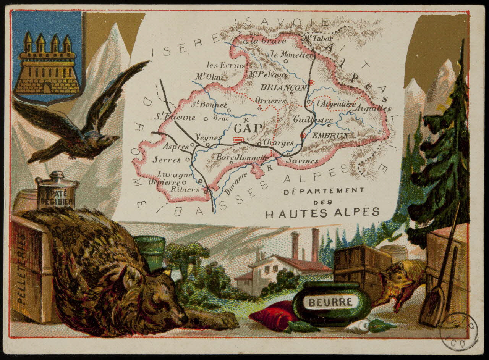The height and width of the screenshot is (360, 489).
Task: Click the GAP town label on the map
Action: (248, 128)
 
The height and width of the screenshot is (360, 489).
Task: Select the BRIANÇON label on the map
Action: (283, 88)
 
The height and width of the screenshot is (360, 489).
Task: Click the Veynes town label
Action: (208, 137)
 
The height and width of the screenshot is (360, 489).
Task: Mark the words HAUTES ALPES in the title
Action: (322, 213)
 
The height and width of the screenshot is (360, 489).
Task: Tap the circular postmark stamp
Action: (458, 331)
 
